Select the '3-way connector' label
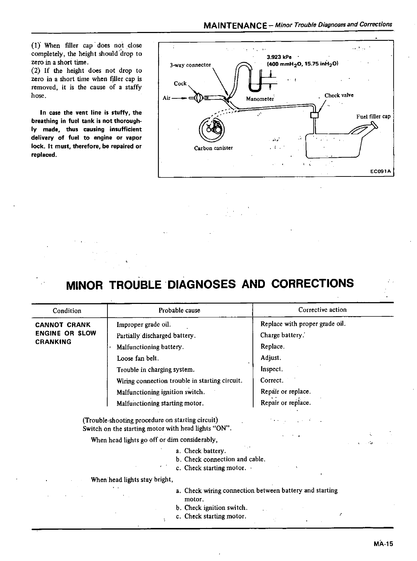point(190,65)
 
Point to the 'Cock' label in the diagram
point(180,83)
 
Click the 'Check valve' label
point(339,95)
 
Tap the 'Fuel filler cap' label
point(373,116)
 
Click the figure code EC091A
point(380,171)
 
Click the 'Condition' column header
point(67,311)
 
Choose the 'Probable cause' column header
point(179,310)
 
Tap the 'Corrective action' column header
point(322,310)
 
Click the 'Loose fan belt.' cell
point(138,358)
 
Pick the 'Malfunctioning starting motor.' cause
point(160,403)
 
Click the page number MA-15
point(383,544)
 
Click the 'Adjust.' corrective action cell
point(271,358)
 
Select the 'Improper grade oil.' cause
point(144,324)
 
